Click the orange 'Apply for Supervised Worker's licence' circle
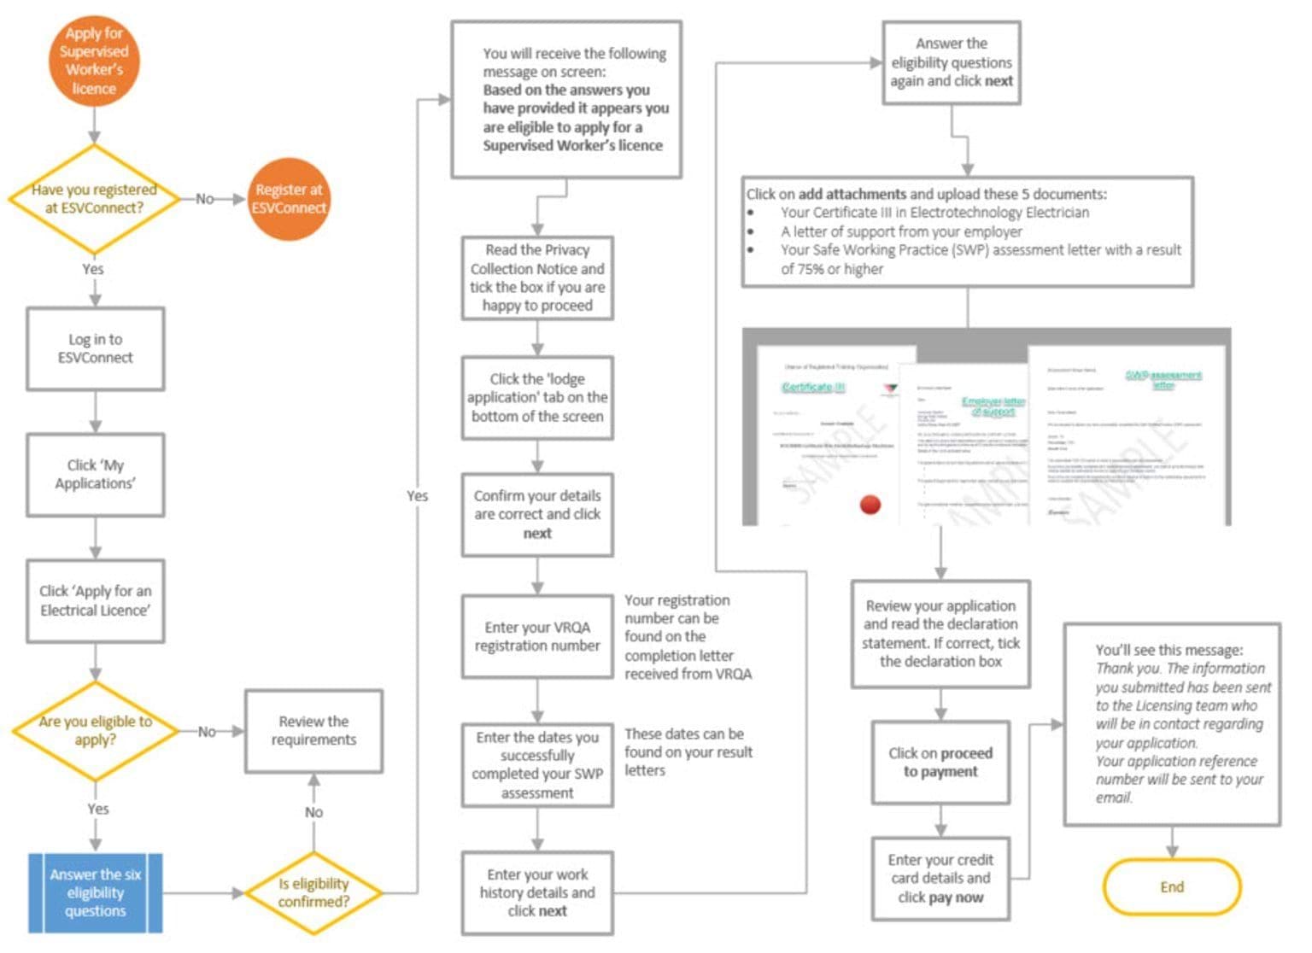[94, 61]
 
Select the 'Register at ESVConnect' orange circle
[289, 199]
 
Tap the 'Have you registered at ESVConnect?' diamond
[94, 199]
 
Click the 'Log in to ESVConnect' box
[95, 348]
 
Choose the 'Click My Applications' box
[95, 475]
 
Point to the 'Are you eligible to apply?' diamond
[95, 731]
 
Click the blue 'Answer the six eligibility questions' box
[95, 893]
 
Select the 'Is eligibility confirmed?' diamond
[313, 893]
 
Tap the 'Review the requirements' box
[313, 731]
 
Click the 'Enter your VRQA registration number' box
[537, 637]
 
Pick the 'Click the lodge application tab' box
[537, 398]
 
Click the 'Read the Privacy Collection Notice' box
[537, 278]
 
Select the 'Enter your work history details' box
[537, 893]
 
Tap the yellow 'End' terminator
[1171, 887]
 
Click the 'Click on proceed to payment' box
[940, 763]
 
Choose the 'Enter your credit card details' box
[940, 879]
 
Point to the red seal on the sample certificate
[870, 505]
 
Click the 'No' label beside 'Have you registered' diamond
[205, 199]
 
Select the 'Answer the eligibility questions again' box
[951, 62]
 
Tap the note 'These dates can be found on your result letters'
[688, 752]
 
